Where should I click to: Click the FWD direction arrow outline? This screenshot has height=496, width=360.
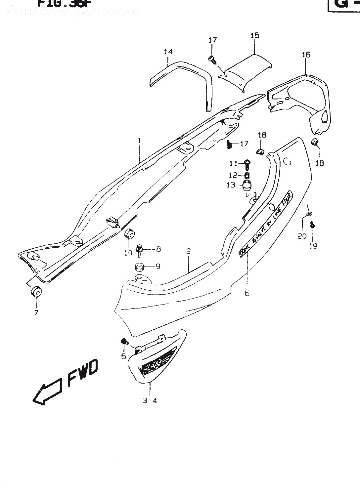(46, 392)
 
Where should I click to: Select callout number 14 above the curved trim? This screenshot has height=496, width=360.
(168, 52)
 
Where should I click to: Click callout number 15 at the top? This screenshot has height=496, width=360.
(255, 35)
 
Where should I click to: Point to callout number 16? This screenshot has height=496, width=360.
(306, 55)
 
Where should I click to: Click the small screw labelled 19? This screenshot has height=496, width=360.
(312, 225)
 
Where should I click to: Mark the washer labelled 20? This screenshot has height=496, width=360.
(309, 214)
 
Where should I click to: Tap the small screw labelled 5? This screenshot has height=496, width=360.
(123, 342)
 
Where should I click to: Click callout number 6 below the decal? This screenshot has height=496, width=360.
(247, 293)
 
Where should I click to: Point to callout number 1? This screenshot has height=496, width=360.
(139, 141)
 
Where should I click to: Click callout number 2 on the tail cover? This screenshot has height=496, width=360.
(188, 251)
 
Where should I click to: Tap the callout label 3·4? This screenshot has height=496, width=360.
(150, 400)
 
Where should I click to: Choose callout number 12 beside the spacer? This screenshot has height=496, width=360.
(233, 175)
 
